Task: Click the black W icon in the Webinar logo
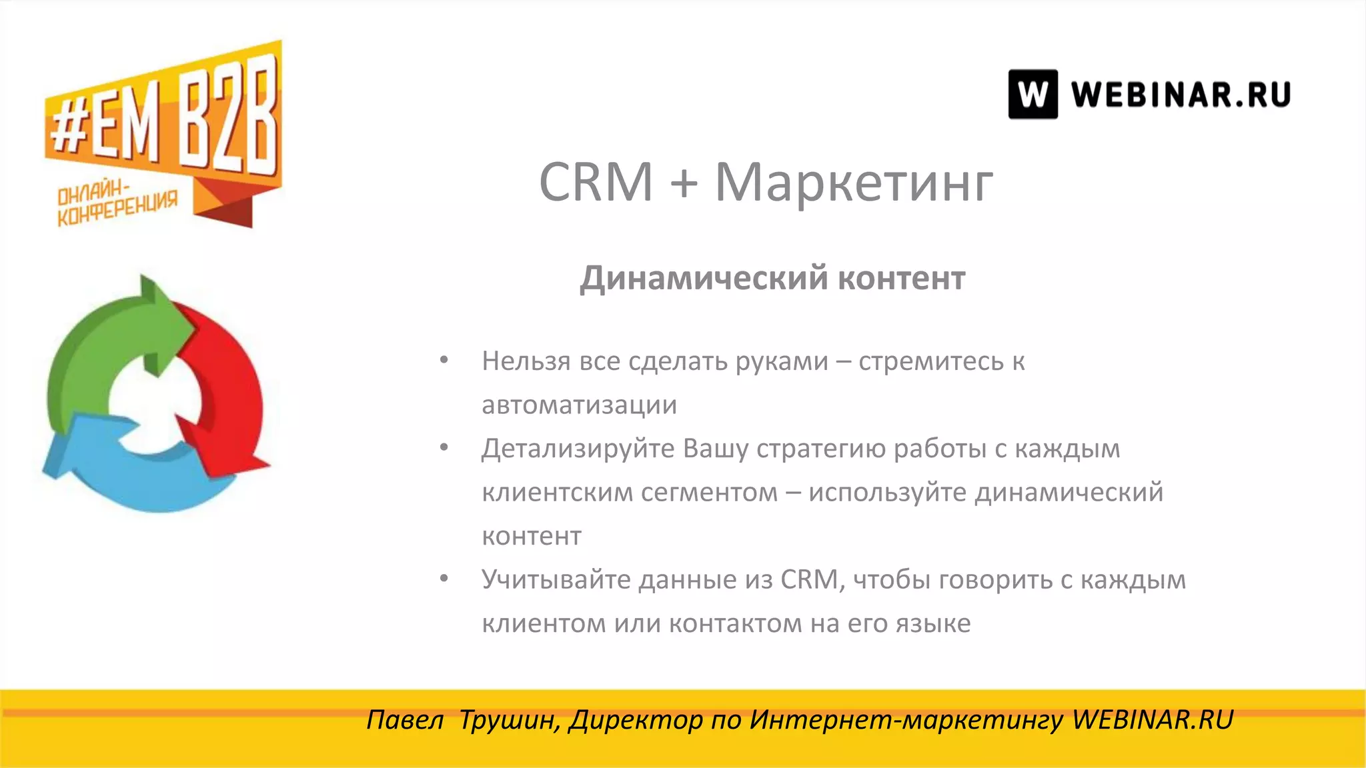pos(1033,95)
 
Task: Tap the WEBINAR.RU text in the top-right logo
pos(1181,95)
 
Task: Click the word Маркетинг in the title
pos(854,182)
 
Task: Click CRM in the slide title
pos(596,182)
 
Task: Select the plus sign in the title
pos(684,183)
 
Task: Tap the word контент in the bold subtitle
pos(901,279)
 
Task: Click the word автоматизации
pos(579,405)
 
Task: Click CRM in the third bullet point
pos(808,579)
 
